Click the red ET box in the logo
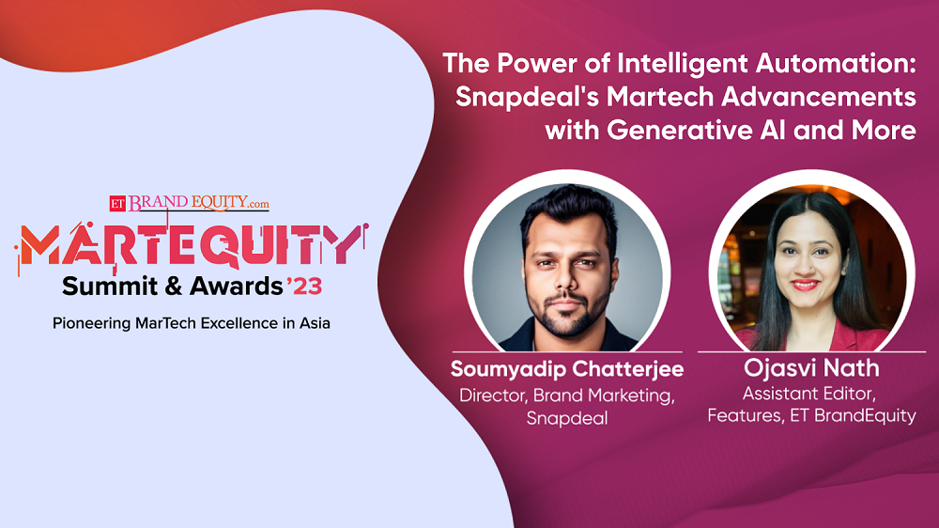[116, 201]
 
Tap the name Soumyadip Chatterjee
[566, 368]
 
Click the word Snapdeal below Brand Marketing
[566, 418]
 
